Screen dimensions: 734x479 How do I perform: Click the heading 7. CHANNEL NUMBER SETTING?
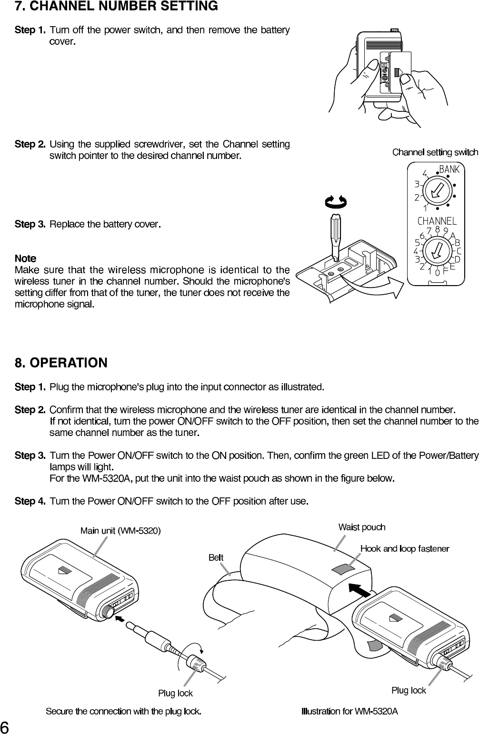(x=117, y=7)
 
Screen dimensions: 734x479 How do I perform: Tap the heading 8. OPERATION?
(x=61, y=363)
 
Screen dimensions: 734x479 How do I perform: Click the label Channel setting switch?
(x=435, y=152)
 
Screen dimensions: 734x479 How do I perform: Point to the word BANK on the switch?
(x=449, y=169)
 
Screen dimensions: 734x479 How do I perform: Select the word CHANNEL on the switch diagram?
(x=437, y=221)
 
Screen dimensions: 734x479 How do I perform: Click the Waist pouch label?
(x=362, y=527)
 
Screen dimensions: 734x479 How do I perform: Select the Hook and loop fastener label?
(x=405, y=549)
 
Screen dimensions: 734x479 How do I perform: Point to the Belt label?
(x=216, y=557)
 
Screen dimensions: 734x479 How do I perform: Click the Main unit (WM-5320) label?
(x=120, y=530)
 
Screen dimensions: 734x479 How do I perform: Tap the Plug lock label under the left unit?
(x=175, y=694)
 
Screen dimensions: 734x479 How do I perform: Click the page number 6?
(x=5, y=727)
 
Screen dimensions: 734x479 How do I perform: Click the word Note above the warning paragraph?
(x=25, y=258)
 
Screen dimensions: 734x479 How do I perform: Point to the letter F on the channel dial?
(x=446, y=271)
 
